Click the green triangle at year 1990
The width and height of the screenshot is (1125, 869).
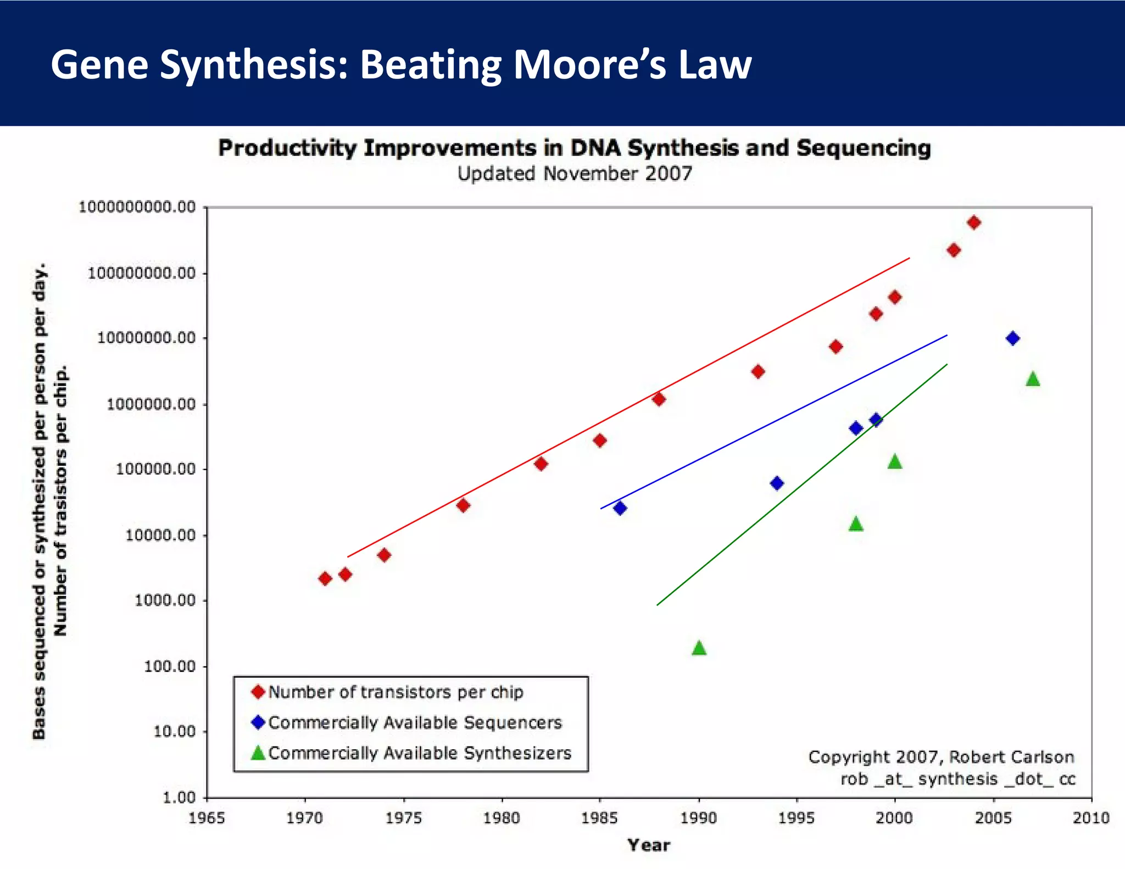(x=699, y=648)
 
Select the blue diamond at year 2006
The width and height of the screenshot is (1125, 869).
(x=1013, y=338)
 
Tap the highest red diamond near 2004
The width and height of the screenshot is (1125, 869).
(x=974, y=222)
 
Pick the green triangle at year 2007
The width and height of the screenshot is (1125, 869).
(x=1033, y=379)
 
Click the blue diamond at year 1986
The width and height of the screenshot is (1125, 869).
(x=620, y=508)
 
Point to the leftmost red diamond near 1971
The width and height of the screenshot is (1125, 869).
(x=325, y=578)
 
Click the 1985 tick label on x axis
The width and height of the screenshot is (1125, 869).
(x=600, y=818)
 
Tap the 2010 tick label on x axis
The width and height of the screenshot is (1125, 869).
(x=1091, y=818)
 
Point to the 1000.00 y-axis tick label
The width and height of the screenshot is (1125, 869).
(x=165, y=600)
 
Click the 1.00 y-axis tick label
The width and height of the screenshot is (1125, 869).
(x=179, y=798)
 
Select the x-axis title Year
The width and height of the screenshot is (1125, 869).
(x=649, y=845)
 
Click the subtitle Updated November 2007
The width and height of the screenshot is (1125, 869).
(x=575, y=174)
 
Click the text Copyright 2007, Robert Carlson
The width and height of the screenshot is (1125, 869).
(x=940, y=757)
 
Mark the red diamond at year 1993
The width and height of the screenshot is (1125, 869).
(x=758, y=372)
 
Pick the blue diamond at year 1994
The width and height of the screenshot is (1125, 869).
(x=777, y=483)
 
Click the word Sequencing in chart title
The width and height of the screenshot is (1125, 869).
(x=864, y=148)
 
